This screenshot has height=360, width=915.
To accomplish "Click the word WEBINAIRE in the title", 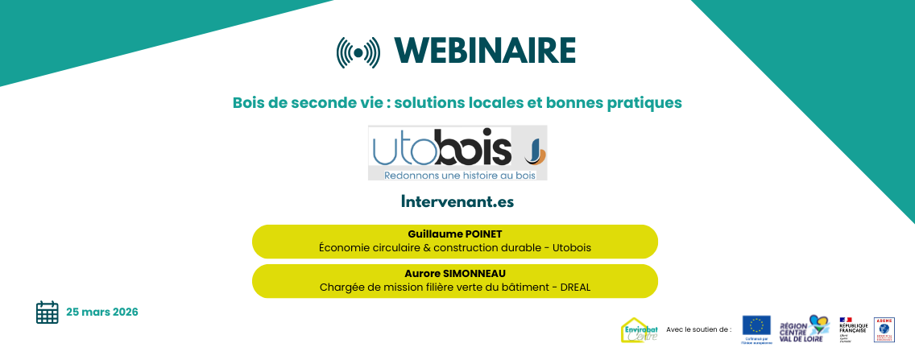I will [x=486, y=51].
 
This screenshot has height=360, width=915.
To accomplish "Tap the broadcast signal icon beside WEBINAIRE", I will [x=358, y=52].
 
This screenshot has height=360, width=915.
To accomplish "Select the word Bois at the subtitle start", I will [x=248, y=103].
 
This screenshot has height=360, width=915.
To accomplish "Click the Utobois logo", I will [x=457, y=152].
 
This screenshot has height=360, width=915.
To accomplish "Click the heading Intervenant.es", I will [x=457, y=201].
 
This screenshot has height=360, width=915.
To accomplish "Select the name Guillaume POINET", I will [x=455, y=234].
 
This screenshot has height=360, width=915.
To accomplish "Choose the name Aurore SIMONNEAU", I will [x=455, y=273].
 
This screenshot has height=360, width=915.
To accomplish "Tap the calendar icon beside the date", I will [x=48, y=312].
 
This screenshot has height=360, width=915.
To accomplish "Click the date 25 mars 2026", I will [x=102, y=312].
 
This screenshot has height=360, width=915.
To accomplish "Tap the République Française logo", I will [x=853, y=329].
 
